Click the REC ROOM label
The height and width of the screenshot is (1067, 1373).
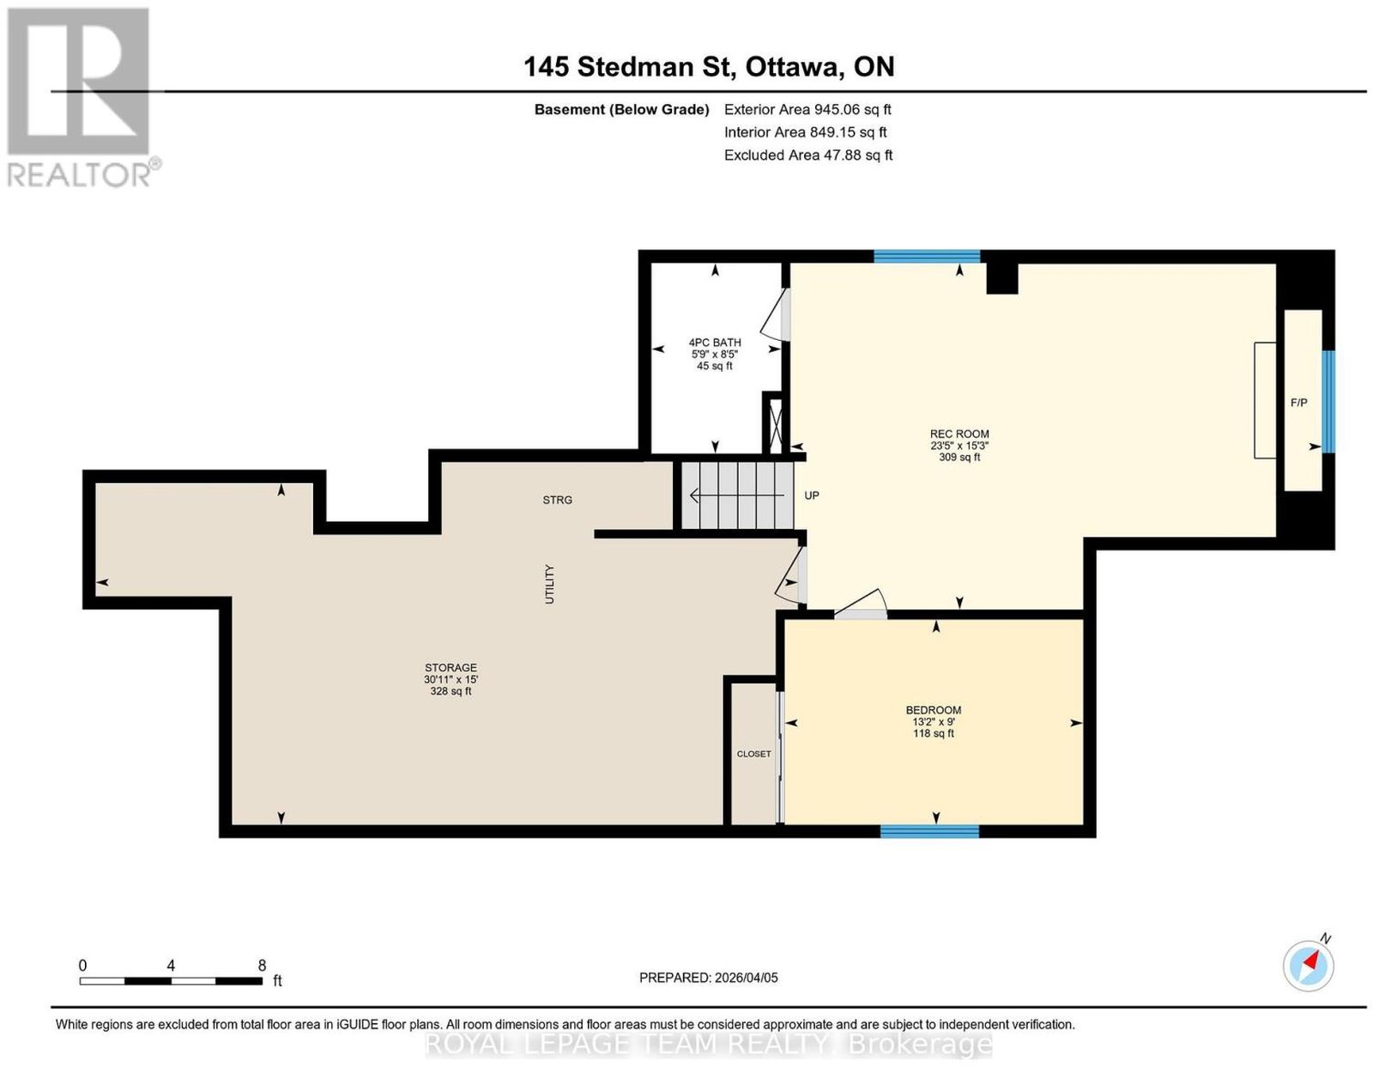pyautogui.click(x=959, y=434)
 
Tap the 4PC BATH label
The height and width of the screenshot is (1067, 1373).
pyautogui.click(x=715, y=343)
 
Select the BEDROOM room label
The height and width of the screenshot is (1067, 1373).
pyautogui.click(x=934, y=710)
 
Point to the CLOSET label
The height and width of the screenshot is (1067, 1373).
pyautogui.click(x=753, y=754)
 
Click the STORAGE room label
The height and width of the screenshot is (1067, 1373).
pyautogui.click(x=451, y=668)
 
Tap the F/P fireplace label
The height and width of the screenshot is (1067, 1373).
pyautogui.click(x=1299, y=403)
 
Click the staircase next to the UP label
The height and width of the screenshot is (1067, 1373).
pyautogui.click(x=737, y=495)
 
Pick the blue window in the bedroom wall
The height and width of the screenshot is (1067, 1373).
pyautogui.click(x=929, y=832)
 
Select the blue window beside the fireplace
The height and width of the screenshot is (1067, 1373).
pyautogui.click(x=1328, y=402)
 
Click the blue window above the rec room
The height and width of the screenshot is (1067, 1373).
pyautogui.click(x=927, y=257)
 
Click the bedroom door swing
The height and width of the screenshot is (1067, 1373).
pyautogui.click(x=861, y=603)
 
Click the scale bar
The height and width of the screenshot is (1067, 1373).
pyautogui.click(x=171, y=981)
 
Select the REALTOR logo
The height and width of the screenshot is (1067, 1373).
pyautogui.click(x=84, y=98)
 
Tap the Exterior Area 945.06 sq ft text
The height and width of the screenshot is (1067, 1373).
pyautogui.click(x=807, y=109)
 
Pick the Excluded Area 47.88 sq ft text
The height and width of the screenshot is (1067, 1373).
pyautogui.click(x=808, y=155)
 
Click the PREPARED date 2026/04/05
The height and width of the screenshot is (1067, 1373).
pyautogui.click(x=708, y=978)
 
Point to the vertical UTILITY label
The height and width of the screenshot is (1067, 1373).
pyautogui.click(x=549, y=585)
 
